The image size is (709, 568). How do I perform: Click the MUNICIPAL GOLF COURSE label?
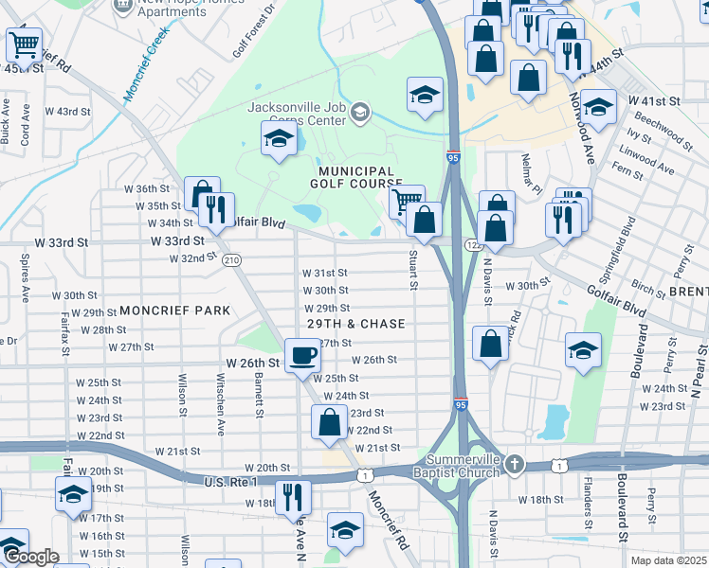coord(355,177)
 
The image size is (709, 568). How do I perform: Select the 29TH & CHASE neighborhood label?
coord(355,324)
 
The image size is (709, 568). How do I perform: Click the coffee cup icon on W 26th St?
coord(302,355)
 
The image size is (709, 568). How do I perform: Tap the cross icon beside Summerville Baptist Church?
coord(514,464)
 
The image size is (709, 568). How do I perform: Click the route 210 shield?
coord(231,260)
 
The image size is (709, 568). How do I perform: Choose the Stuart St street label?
coord(413,269)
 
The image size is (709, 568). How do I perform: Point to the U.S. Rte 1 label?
coord(231,482)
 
